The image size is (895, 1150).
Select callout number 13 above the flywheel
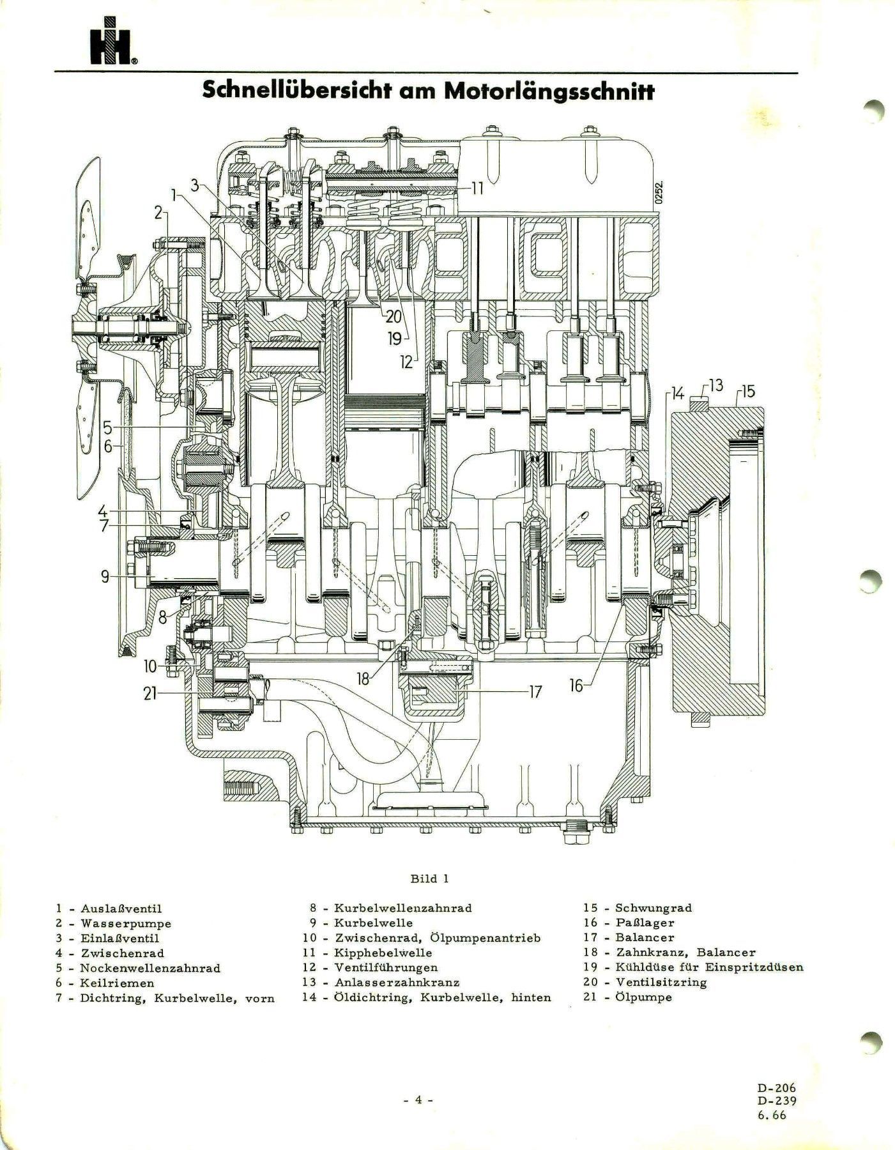coord(715,385)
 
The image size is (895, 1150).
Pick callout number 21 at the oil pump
coord(149,693)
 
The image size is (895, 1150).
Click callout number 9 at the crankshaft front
coord(106,577)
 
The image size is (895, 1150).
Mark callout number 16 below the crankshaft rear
coord(576,686)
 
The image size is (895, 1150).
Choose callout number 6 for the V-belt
coord(108,446)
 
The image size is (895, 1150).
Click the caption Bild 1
coord(429,878)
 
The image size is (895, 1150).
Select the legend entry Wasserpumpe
coord(125,923)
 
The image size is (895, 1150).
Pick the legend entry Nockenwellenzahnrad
coord(149,968)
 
